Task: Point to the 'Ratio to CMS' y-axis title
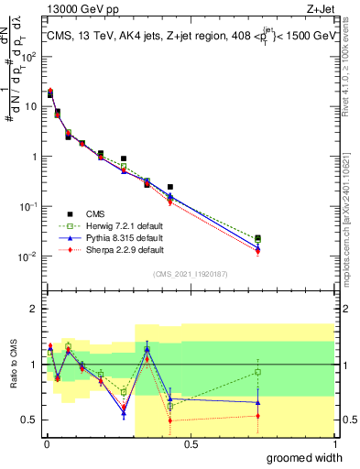click(12, 365)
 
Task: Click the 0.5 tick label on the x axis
click(191, 443)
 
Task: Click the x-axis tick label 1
click(333, 443)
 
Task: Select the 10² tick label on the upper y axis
click(28, 56)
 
